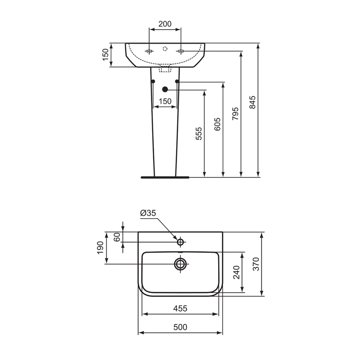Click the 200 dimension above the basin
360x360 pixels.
[x=165, y=24]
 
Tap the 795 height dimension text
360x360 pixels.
[x=235, y=114]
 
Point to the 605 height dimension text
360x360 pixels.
[x=217, y=125]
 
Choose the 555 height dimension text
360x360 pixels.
[x=199, y=133]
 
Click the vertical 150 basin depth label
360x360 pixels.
[x=105, y=55]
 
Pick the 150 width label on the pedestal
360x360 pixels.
[x=165, y=101]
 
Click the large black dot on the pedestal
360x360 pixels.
[x=165, y=89]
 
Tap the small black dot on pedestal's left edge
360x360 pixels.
[x=153, y=81]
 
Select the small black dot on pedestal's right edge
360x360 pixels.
[x=177, y=81]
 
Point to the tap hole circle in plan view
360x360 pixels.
[x=180, y=242]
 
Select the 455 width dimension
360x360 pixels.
[x=180, y=308]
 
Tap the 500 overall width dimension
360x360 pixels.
[x=180, y=327]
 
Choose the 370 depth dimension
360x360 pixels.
[x=256, y=263]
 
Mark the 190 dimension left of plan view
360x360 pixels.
[x=100, y=248]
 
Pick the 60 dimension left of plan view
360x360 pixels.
[x=117, y=237]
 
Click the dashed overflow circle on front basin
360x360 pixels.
[x=165, y=48]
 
